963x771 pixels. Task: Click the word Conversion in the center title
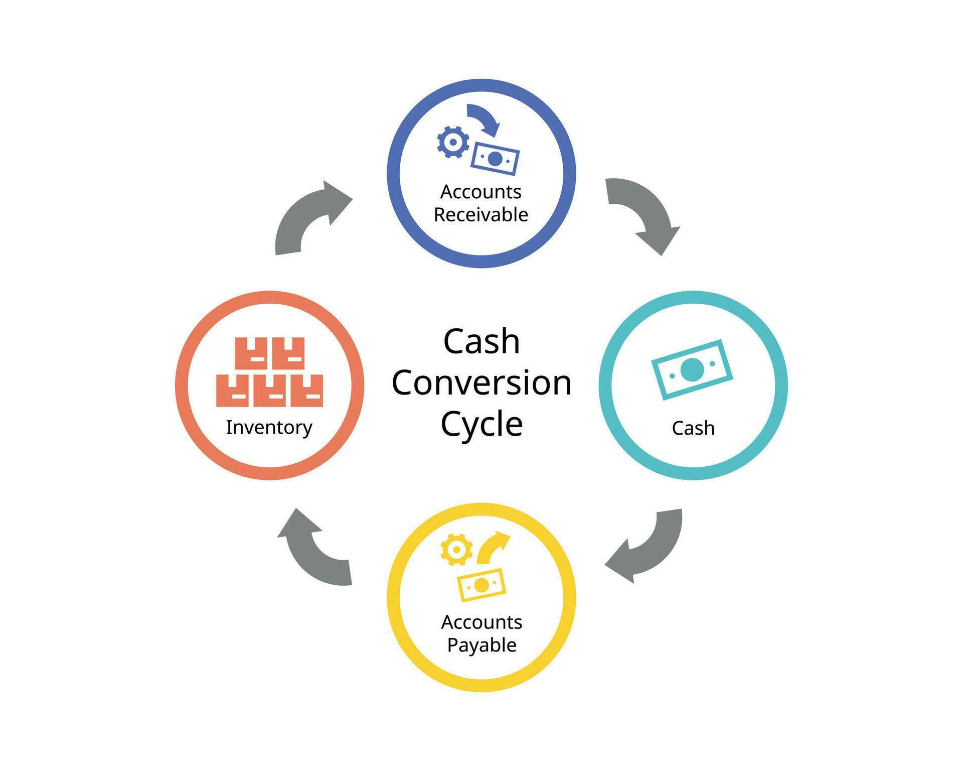point(481,383)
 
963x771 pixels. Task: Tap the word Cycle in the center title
point(481,424)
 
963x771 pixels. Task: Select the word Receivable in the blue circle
point(480,215)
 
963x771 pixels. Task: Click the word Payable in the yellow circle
point(481,645)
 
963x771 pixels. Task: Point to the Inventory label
point(269,427)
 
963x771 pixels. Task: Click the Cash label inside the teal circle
point(693,428)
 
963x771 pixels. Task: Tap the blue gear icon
point(452,142)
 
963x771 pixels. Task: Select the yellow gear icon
point(456,550)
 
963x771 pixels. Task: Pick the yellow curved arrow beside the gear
point(492,547)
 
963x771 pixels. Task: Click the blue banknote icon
point(495,159)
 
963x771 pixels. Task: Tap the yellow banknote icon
point(481,585)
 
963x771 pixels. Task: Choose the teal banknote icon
point(692,369)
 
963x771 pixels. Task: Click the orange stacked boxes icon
point(269,372)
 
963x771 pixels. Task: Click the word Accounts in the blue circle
point(480,192)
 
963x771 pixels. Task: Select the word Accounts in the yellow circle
point(481,622)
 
